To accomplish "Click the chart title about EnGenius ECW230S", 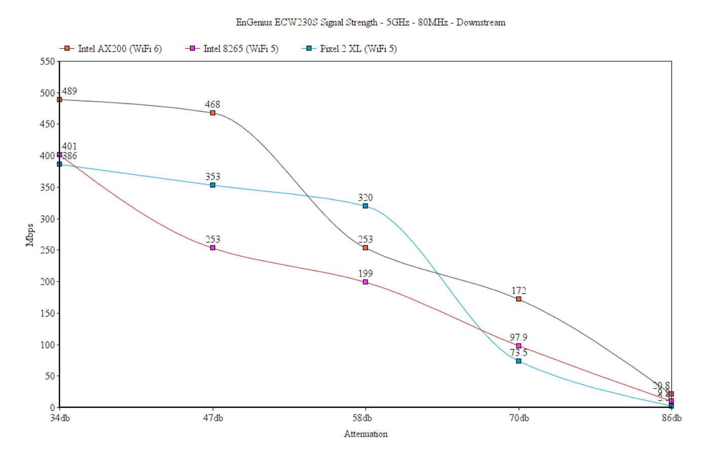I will click(370, 22).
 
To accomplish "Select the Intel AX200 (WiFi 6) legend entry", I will click(119, 49).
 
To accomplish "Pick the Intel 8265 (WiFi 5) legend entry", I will click(240, 49).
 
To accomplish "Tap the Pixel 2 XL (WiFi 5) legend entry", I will click(358, 49).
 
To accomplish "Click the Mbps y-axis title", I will click(29, 235).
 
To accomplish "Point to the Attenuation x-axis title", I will click(365, 434).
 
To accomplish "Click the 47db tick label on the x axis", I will click(213, 418).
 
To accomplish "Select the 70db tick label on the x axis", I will click(519, 418).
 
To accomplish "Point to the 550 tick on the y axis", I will click(47, 61).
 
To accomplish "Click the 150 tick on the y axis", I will click(47, 313).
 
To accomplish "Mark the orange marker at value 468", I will click(213, 113).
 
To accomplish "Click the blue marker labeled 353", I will click(213, 185).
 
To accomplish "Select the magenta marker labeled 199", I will click(365, 282).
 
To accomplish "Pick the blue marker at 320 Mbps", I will click(365, 206).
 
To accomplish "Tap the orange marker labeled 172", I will click(518, 299).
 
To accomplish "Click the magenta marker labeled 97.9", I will click(518, 346).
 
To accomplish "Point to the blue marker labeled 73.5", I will click(518, 361).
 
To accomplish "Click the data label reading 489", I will click(69, 91).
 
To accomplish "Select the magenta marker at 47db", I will click(213, 248).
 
